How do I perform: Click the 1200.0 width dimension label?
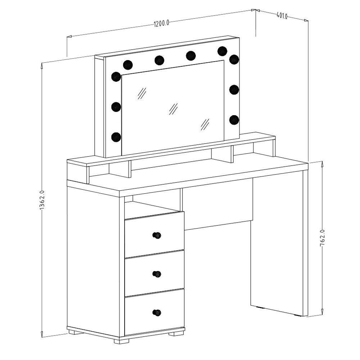tap(161, 23)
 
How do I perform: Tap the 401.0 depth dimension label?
tap(282, 16)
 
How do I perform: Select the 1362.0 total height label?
tap(41, 200)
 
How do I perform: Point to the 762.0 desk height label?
tap(322, 238)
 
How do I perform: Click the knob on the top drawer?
tap(157, 235)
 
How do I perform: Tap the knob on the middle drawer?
tap(157, 274)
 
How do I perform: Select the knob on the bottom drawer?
tap(157, 312)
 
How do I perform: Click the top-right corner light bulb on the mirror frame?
tap(234, 59)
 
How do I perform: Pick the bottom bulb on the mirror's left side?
tap(116, 137)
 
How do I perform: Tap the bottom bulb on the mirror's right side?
tap(234, 120)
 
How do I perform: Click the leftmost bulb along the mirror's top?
tap(128, 65)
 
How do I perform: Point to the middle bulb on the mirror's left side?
tap(116, 107)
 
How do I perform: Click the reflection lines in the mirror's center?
tap(174, 109)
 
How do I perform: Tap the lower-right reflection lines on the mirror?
tap(205, 125)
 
